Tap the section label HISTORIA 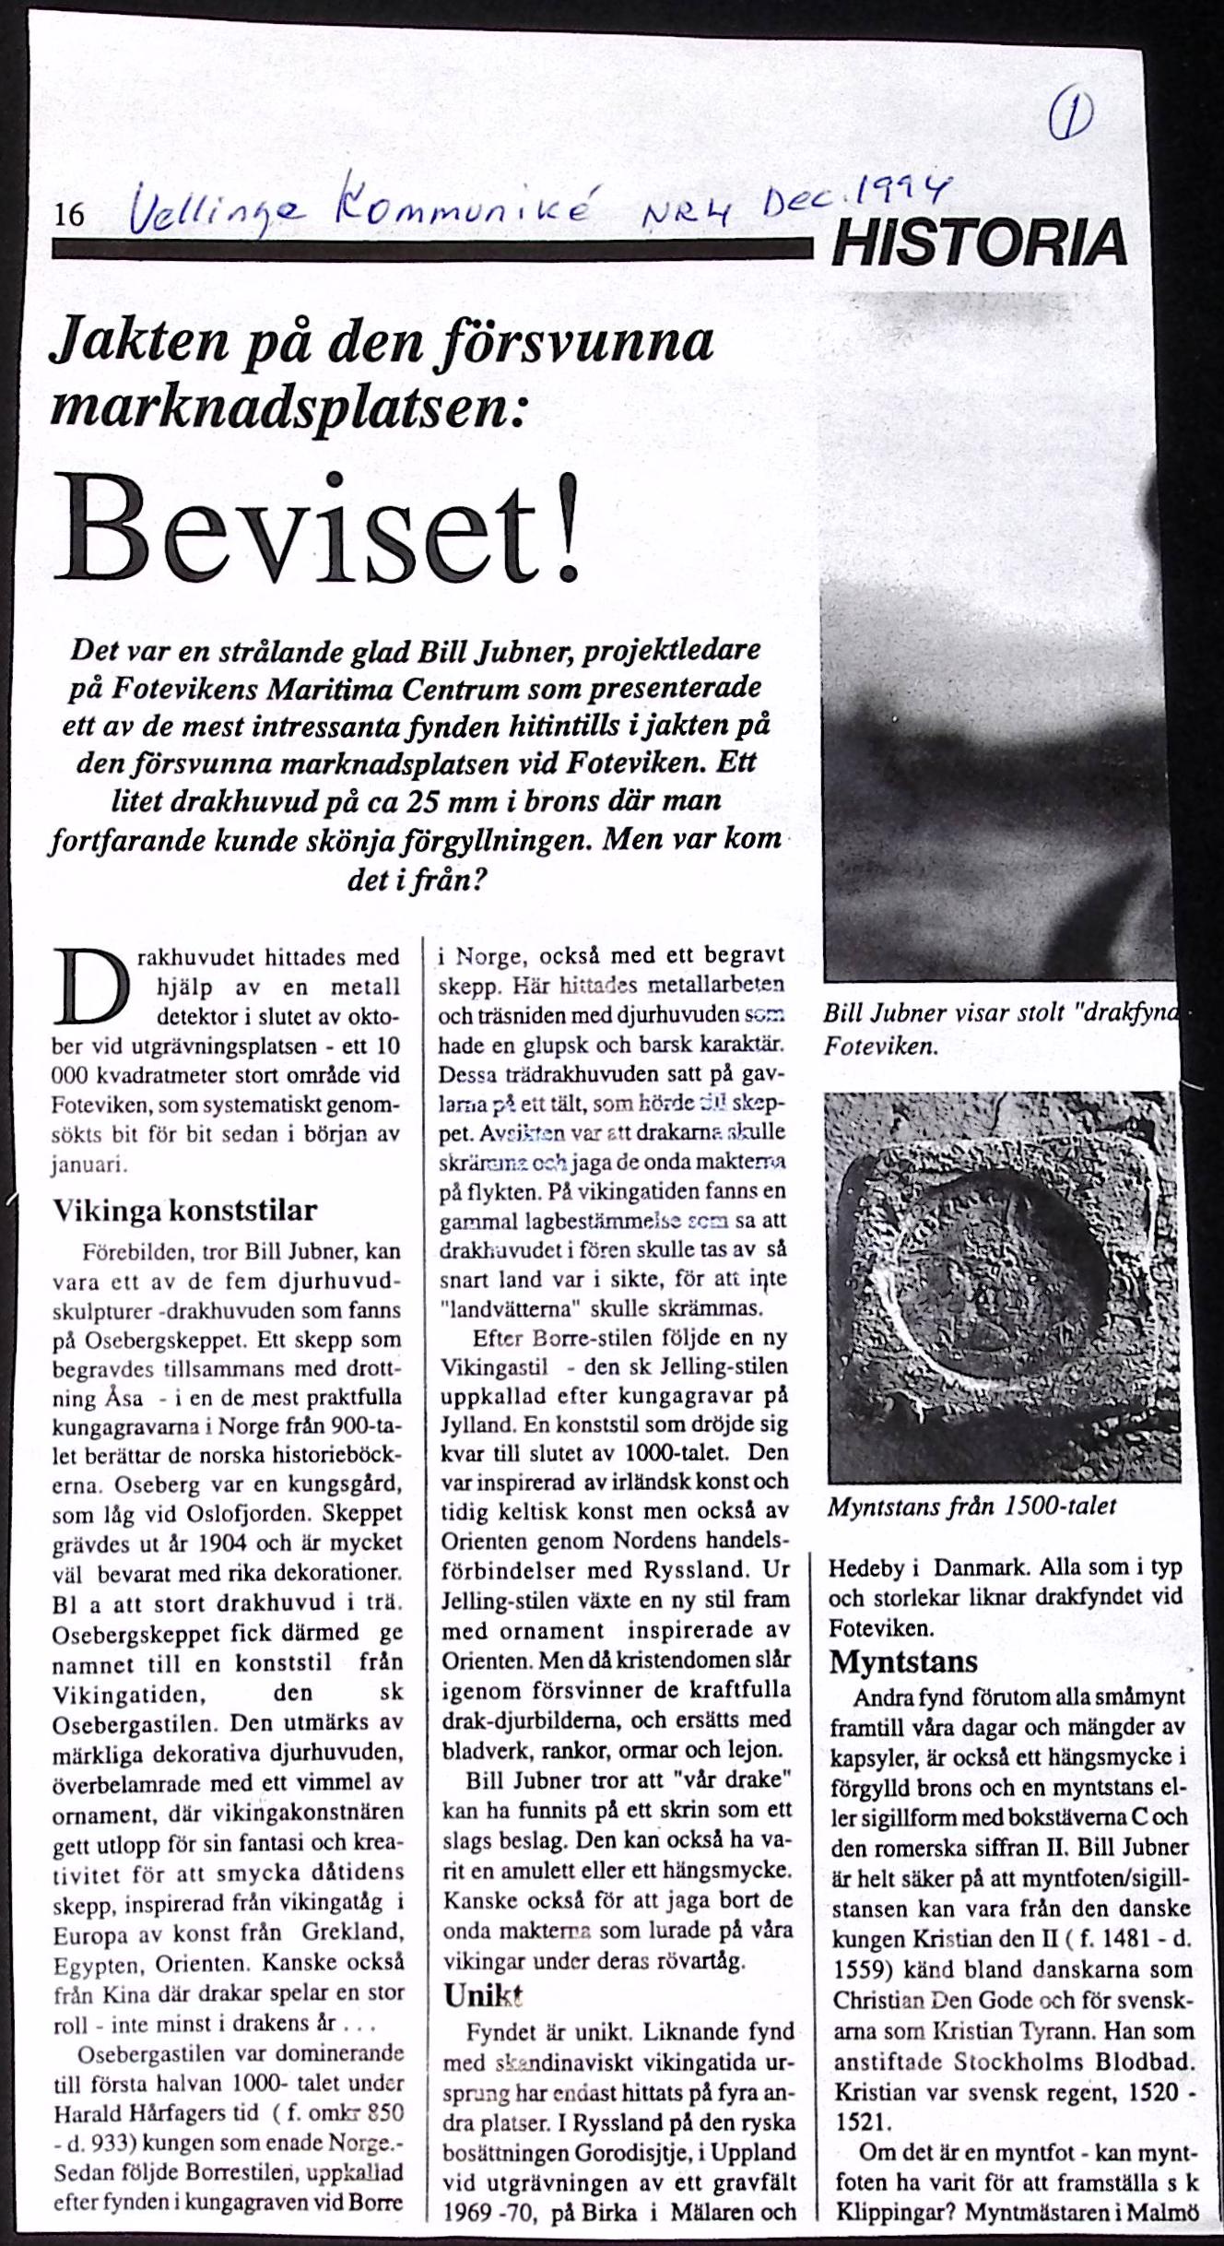[x=979, y=242]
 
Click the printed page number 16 [x=70, y=216]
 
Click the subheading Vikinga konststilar [x=184, y=1211]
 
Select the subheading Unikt [x=483, y=1996]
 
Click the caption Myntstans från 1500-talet [x=971, y=1507]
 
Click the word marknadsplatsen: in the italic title [x=288, y=405]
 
